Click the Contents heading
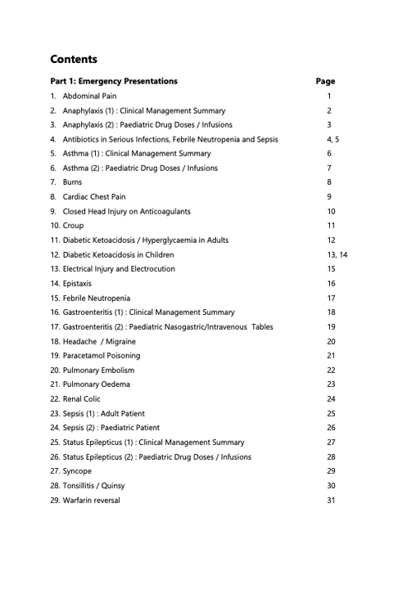74,59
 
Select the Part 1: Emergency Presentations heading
114,81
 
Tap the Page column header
325,81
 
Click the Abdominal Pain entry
89,97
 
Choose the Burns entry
72,182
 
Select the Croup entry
73,226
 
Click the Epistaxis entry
77,283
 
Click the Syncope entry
77,471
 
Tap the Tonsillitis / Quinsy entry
93,486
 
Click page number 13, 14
337,254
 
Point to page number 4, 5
332,139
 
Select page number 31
331,500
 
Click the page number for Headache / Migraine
331,341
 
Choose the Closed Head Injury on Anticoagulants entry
126,211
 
